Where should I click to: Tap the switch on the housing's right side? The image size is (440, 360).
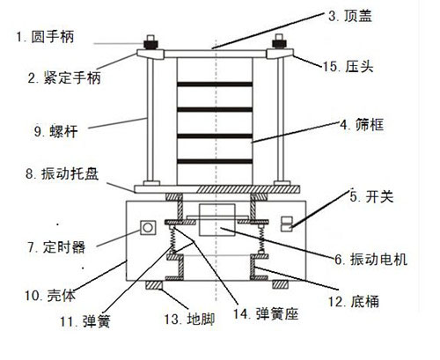click(286, 226)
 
